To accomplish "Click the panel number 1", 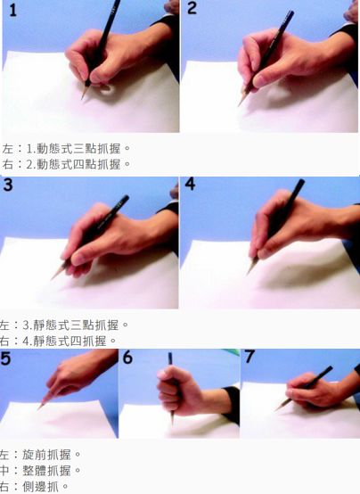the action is pos(12,11).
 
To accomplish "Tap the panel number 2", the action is pos(192,8).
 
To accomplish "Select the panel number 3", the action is pos(8,185).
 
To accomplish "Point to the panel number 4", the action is pos(190,184).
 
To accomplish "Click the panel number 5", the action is pos(5,358).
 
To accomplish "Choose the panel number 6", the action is pos(127,358).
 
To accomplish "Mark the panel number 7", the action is pos(250,357).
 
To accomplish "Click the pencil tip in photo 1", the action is pos(82,98).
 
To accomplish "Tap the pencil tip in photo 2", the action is pos(239,104).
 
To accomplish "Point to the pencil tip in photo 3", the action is pos(52,279).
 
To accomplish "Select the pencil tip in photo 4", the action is pos(248,274).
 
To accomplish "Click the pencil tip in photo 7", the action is pos(276,410).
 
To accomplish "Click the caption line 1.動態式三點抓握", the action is pos(78,148).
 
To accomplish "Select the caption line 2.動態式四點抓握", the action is pos(78,164).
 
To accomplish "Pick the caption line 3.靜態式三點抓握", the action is pos(76,325).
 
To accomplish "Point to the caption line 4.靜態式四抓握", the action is pos(70,341).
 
